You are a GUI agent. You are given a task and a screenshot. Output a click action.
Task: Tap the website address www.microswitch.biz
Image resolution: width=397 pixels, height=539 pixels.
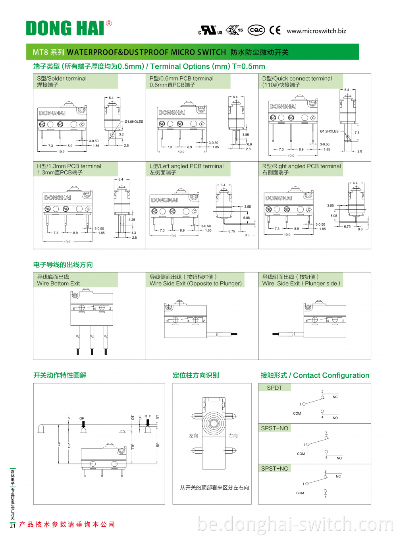click(x=316, y=31)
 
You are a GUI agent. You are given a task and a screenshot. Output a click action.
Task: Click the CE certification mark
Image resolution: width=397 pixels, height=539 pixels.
click(x=275, y=30)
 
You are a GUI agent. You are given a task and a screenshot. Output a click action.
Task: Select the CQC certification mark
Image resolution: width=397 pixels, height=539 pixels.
click(x=256, y=30)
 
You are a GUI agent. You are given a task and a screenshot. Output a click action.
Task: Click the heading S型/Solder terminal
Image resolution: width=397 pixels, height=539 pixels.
click(x=62, y=79)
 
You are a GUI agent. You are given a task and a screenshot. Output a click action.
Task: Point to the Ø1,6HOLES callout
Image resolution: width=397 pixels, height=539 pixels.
click(x=134, y=122)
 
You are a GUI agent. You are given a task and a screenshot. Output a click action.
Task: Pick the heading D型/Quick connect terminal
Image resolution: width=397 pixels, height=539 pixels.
click(x=297, y=79)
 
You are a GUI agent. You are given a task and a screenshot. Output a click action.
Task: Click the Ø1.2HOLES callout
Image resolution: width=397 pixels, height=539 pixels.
click(x=329, y=131)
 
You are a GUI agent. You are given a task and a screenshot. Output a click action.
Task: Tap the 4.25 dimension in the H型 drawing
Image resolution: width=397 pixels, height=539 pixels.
click(x=132, y=220)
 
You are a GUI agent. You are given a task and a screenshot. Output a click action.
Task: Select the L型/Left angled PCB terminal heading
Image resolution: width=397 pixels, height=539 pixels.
click(x=187, y=166)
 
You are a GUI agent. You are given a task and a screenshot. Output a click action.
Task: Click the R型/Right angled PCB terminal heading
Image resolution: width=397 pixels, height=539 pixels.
click(x=301, y=166)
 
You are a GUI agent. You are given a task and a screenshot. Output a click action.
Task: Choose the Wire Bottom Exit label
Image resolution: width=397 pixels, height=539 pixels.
click(x=58, y=284)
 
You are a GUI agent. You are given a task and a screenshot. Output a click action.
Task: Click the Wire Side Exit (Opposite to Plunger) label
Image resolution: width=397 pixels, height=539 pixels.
click(x=195, y=284)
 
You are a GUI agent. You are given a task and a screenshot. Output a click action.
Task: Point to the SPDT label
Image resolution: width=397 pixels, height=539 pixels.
click(x=274, y=388)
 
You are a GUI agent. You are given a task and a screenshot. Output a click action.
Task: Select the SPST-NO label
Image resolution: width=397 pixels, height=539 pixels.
click(x=274, y=428)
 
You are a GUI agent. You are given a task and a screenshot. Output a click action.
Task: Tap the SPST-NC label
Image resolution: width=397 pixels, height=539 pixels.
click(x=274, y=469)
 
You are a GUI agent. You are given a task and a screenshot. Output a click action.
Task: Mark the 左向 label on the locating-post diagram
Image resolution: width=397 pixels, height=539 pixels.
click(x=193, y=436)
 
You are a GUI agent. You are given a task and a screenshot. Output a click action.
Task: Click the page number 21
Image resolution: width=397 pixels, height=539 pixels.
click(x=12, y=525)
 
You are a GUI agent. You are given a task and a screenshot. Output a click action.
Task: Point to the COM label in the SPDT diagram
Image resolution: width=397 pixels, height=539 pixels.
click(x=297, y=413)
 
